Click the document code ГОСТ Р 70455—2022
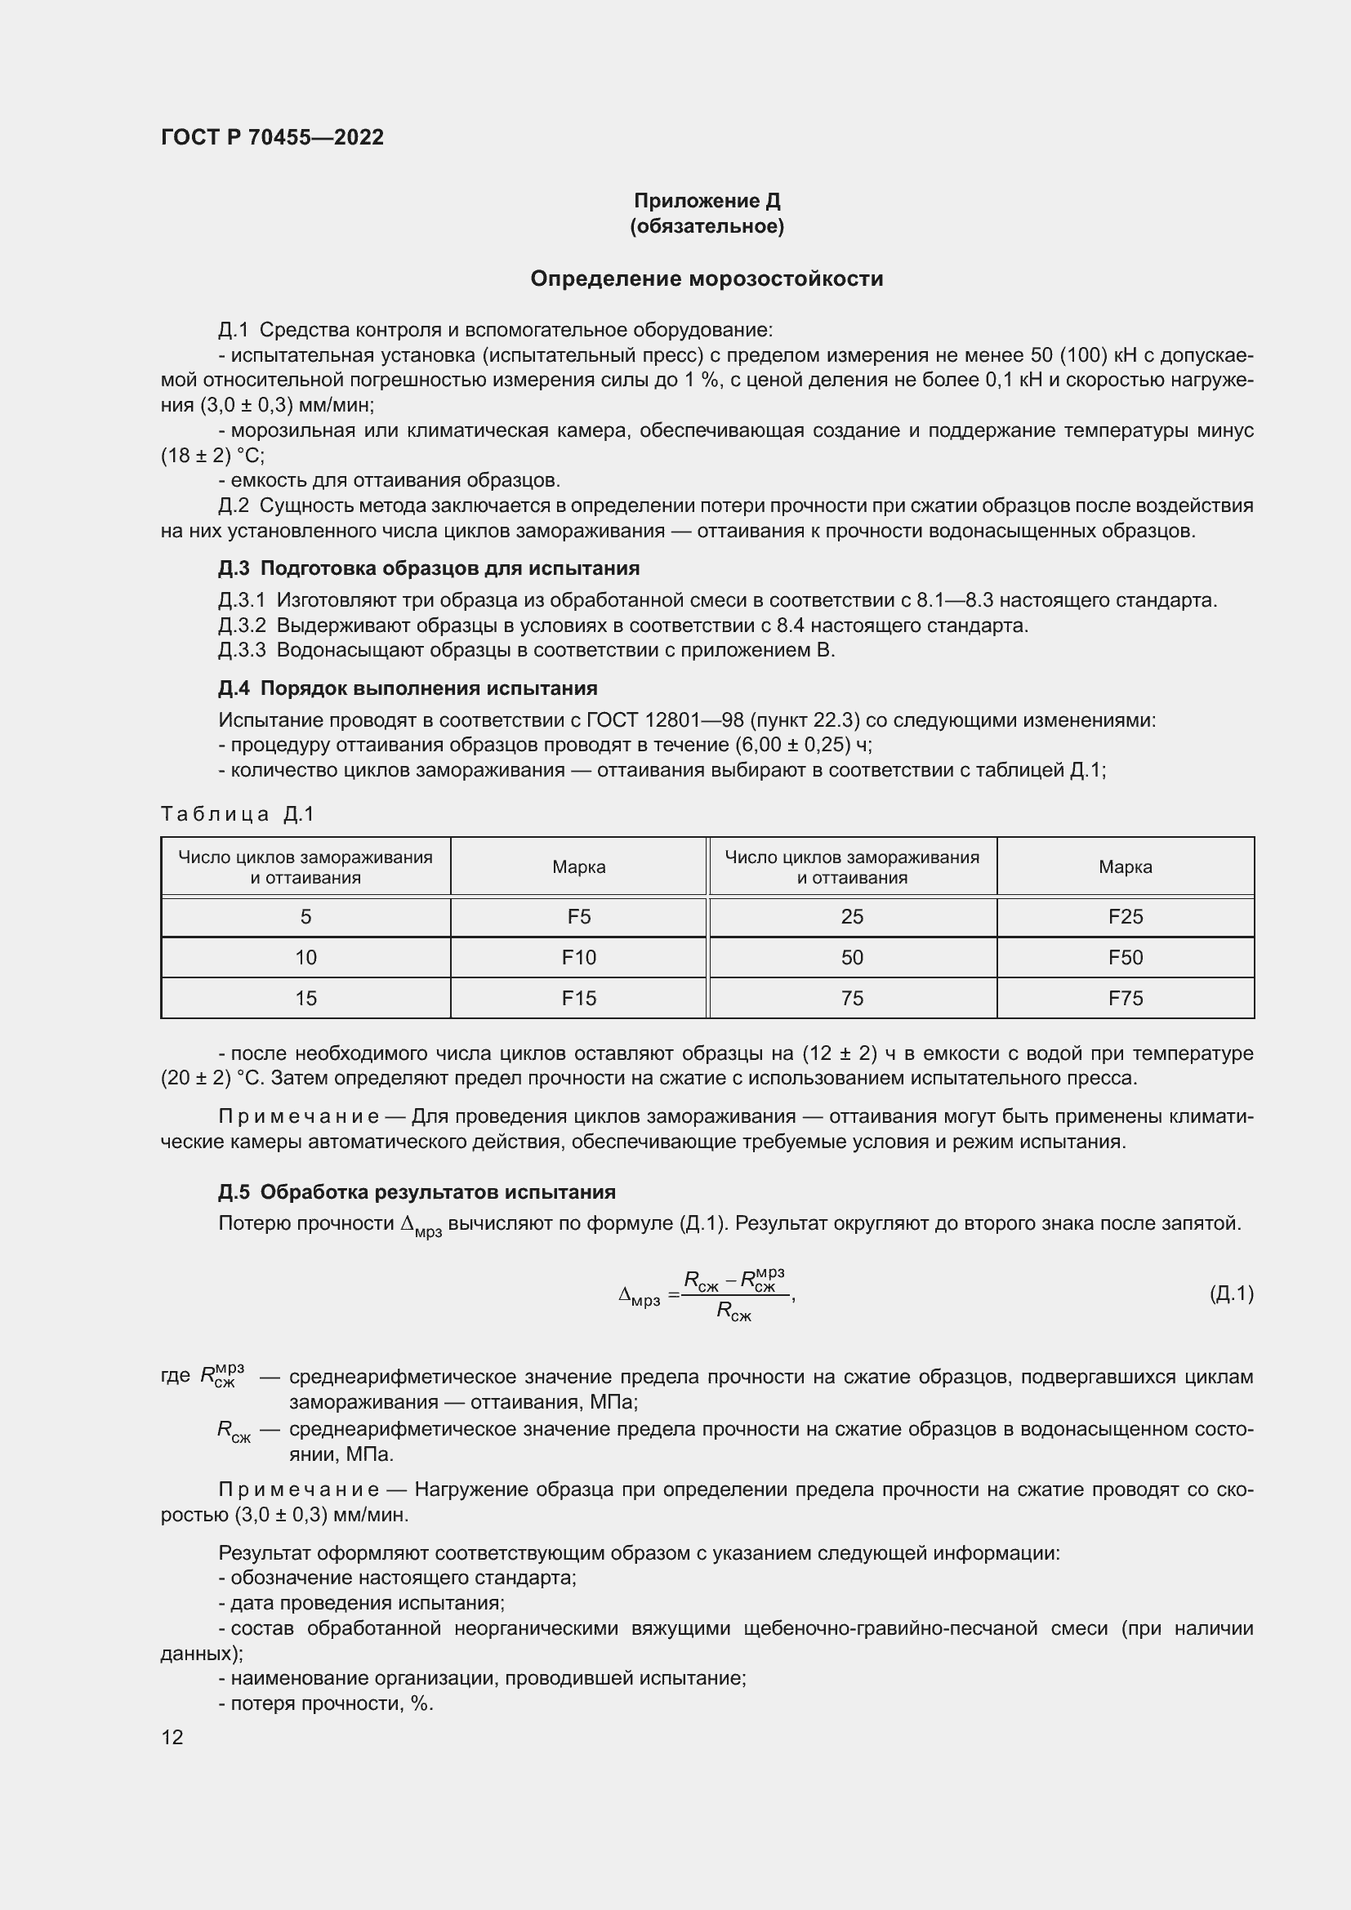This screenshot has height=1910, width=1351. click(272, 137)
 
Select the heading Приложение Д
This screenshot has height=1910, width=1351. click(707, 201)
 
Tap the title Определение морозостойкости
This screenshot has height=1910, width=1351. click(707, 278)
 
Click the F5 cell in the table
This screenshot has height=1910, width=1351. click(578, 917)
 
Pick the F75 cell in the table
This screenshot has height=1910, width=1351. click(1125, 997)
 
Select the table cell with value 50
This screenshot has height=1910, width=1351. click(852, 958)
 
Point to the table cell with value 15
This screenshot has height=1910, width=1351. click(305, 997)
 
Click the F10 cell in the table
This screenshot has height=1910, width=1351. click(578, 958)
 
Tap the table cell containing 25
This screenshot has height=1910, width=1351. click(852, 917)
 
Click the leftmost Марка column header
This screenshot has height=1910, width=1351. click(578, 867)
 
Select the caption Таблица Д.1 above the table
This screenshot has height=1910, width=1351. click(237, 813)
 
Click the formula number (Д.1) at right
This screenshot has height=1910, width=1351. click(1230, 1293)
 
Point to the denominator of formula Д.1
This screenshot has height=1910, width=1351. click(733, 1313)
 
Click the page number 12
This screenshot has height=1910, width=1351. click(172, 1737)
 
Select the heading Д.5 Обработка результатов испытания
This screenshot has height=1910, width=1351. click(416, 1192)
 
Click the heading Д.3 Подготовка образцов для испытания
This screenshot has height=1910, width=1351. click(429, 568)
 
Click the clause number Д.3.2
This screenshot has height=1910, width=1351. click(242, 626)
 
